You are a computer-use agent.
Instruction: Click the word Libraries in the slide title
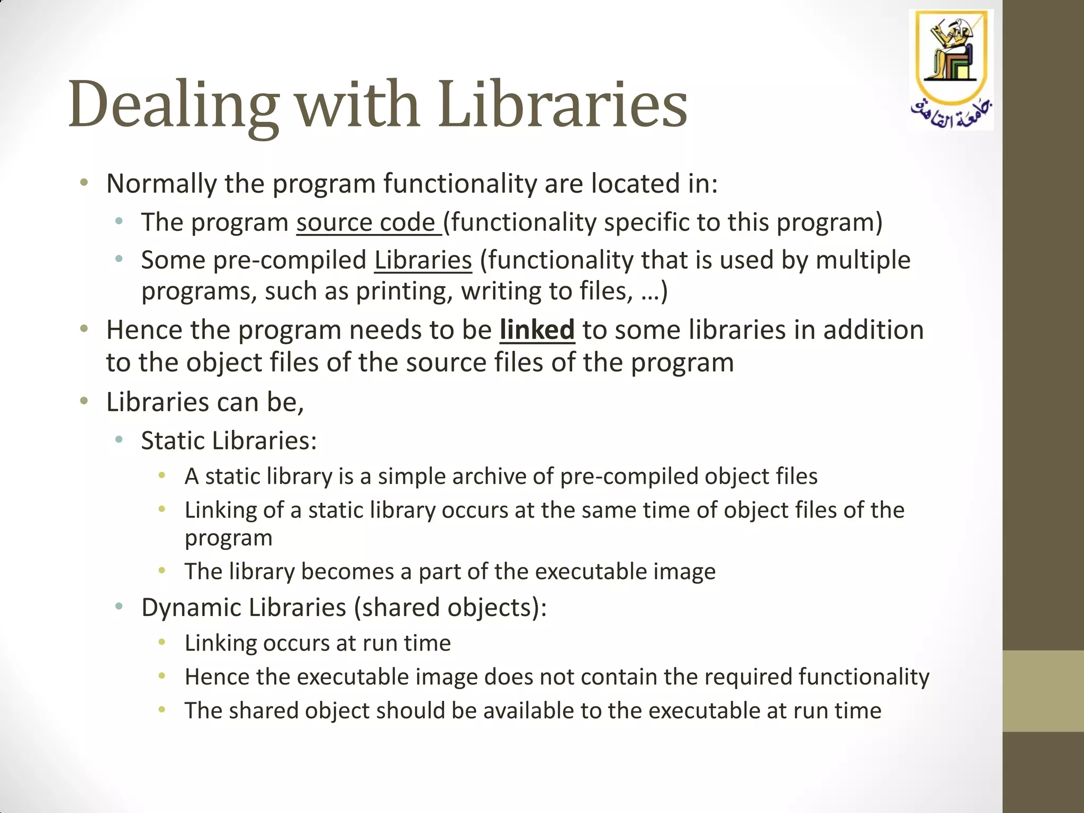[563, 104]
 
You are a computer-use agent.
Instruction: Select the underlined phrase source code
[368, 222]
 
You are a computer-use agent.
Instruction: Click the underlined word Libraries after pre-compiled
[423, 260]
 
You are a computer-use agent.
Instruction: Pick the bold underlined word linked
[537, 330]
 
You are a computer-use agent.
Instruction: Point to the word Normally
[161, 184]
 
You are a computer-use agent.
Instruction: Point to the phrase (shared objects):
[450, 607]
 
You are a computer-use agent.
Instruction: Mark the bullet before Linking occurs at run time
[162, 643]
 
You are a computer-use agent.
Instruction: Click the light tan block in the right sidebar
[1043, 691]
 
